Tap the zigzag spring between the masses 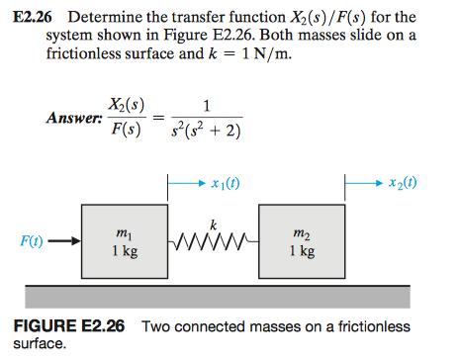click(x=213, y=240)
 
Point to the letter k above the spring click(x=213, y=224)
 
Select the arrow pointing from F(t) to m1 click(x=61, y=240)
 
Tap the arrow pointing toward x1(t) click(x=190, y=183)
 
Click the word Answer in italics click(x=72, y=119)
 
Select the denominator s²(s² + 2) click(x=205, y=131)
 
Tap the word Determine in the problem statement click(x=103, y=17)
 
